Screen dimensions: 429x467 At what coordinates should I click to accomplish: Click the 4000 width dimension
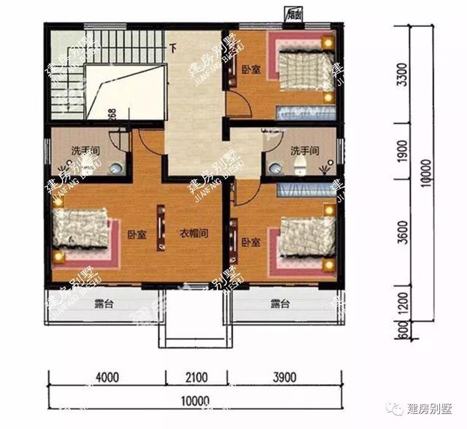point(107,378)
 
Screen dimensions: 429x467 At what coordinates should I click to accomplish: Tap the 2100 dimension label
point(197,378)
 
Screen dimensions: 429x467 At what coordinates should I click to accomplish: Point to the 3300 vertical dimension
point(403,73)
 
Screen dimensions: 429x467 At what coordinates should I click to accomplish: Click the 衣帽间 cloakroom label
point(195,234)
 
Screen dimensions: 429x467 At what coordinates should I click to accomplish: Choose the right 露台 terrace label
point(280,304)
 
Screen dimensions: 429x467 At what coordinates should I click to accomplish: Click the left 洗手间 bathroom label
point(85,151)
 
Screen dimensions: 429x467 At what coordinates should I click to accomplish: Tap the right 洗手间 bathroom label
point(305,151)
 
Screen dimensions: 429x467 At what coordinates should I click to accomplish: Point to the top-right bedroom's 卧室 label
point(251,70)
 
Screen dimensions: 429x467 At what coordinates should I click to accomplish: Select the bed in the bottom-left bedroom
point(80,233)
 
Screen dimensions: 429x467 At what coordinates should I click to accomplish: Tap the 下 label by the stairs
point(173,50)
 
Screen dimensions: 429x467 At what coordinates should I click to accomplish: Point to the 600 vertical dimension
point(403,330)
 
